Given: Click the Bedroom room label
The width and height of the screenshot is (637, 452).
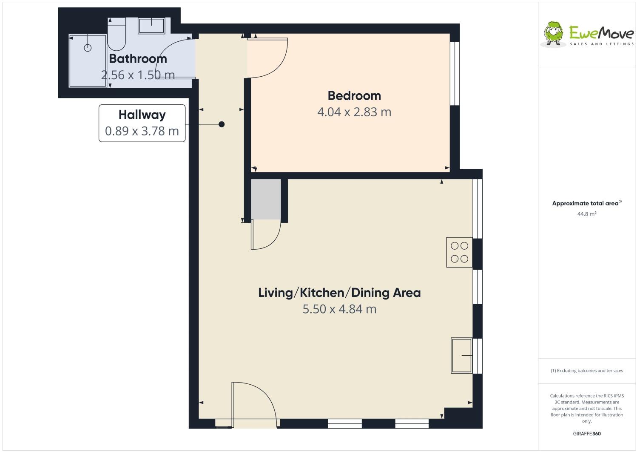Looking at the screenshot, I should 354,95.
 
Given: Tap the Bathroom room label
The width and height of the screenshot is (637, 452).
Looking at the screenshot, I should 138,58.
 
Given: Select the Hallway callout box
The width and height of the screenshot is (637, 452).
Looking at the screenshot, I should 142,123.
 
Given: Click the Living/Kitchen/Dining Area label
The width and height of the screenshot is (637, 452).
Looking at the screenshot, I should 339,293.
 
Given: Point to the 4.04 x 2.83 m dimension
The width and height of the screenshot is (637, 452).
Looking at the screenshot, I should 354,112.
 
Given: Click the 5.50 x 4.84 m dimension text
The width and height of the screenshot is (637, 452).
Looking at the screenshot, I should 339,309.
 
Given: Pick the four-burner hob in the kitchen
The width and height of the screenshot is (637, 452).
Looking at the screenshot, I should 459,252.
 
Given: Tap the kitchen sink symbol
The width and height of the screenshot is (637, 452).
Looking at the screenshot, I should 462,355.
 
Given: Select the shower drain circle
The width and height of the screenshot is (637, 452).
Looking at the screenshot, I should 88,48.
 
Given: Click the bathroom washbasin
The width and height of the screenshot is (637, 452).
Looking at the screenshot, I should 151,26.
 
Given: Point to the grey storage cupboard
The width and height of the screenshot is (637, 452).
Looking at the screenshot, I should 266,199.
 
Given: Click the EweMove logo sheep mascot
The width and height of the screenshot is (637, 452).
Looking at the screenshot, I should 554,32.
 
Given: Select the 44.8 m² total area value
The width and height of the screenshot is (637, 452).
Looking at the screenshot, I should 586,214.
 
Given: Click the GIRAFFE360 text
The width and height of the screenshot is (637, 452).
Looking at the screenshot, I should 586,434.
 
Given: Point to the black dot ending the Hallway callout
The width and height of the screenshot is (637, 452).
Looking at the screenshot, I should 222,124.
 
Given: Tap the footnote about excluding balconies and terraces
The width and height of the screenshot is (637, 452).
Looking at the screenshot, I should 586,371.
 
